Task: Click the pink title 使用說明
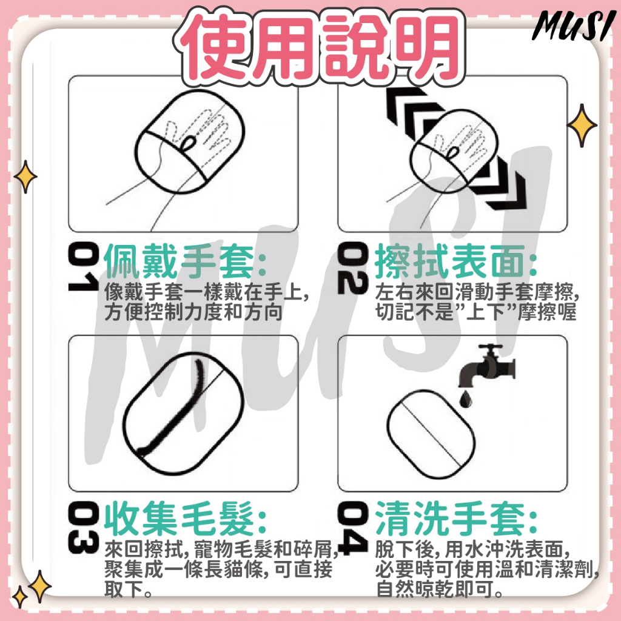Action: (319, 45)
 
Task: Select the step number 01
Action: (83, 267)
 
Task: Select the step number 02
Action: (352, 267)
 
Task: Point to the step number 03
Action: (83, 527)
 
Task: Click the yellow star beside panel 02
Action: (582, 125)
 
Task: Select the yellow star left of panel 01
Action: (25, 176)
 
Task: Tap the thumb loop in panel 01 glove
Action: (189, 143)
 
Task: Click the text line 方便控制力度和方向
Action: (193, 312)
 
